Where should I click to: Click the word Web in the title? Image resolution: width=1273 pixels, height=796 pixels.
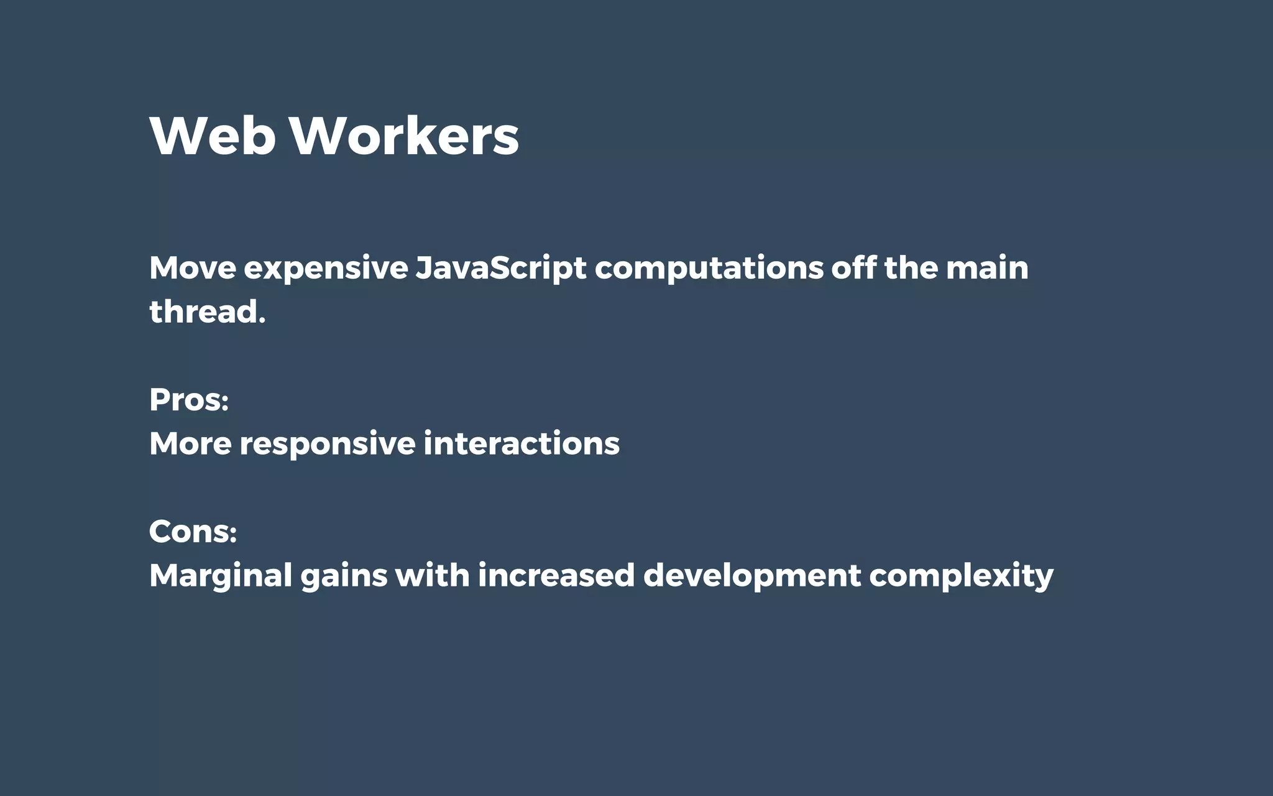tap(213, 136)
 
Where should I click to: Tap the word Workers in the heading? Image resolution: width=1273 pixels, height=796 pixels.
tap(405, 136)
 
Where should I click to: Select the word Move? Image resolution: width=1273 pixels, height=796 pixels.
tap(193, 268)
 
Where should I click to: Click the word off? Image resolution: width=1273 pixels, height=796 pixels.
tap(853, 268)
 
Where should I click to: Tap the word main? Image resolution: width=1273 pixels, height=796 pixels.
tap(987, 268)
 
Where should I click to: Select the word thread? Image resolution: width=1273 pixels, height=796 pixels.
tap(207, 312)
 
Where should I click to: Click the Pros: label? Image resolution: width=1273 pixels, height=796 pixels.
tap(189, 400)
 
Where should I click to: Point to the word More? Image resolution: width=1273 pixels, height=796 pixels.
tap(190, 444)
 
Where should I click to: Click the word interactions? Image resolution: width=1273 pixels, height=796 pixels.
tap(522, 444)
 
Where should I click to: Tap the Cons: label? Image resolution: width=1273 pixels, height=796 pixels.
tap(193, 532)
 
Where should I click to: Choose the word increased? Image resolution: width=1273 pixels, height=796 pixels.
tap(556, 575)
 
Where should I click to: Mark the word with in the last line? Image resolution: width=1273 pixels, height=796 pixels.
tap(433, 575)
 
